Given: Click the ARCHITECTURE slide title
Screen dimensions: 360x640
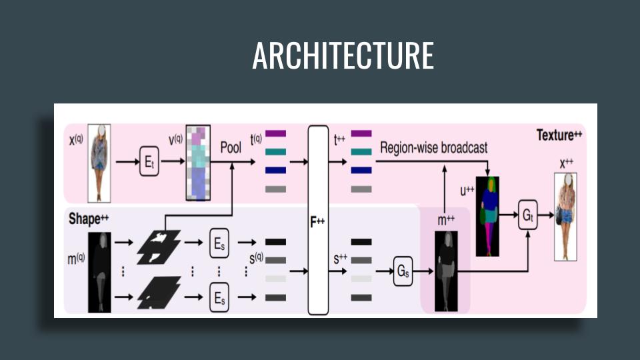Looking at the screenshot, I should tap(343, 56).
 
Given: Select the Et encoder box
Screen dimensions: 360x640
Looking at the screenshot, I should tap(149, 162).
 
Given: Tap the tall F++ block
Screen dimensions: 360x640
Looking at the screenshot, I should tap(318, 220).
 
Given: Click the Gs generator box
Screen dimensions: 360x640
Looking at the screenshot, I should tap(403, 271).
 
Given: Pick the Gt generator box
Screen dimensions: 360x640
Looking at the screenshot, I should tap(527, 215).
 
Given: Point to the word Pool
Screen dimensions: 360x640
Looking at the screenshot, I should tap(231, 147).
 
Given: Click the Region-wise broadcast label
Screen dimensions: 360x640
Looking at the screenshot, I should tap(433, 147).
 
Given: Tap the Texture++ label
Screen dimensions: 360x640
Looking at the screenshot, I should tap(559, 135).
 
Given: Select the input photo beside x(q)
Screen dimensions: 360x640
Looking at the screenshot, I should tap(99, 162).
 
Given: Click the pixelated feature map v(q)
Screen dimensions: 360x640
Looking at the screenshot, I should tap(198, 162).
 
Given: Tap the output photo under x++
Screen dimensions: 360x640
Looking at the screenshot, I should tap(565, 216).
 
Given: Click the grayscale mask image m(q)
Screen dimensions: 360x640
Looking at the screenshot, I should tap(99, 272).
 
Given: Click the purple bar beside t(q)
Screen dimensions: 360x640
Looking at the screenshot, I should tap(275, 133).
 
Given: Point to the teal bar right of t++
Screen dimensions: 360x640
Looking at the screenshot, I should tap(361, 152).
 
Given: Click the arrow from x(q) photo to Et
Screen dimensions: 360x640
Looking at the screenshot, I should tap(126, 162).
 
